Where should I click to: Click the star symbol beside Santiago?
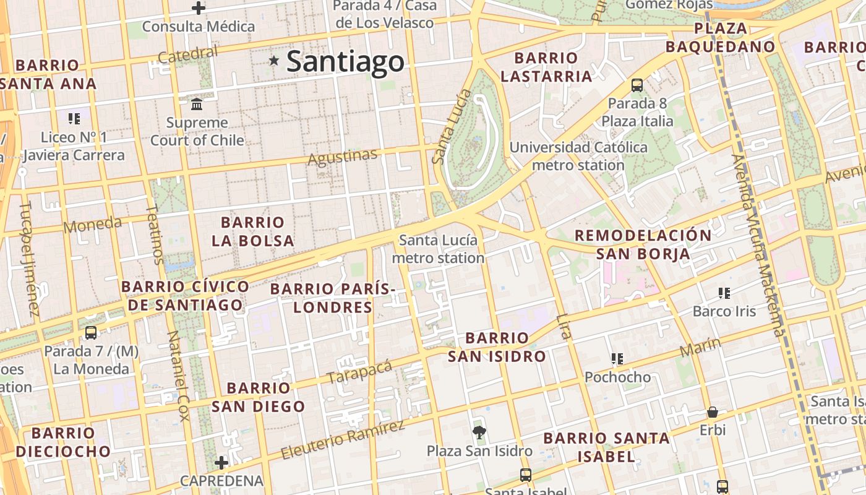coord(274,61)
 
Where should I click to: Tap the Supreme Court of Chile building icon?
coord(197,103)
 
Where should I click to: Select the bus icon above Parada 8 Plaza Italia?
coord(637,85)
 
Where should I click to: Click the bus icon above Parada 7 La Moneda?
coord(91,332)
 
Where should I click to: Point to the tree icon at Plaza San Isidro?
coord(478,431)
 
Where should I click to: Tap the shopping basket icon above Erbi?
coord(713,411)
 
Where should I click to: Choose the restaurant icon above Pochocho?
coord(617,358)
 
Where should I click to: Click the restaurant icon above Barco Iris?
coord(724,293)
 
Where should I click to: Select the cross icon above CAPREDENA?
coord(221,462)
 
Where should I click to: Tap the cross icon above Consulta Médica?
coord(199,8)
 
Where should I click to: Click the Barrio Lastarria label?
coord(546,67)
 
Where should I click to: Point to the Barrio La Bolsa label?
coord(252,231)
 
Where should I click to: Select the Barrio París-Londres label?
coord(333,298)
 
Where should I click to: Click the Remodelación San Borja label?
coord(643,244)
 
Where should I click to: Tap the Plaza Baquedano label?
coord(721,37)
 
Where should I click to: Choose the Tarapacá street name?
coord(359,371)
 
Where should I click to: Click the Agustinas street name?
coord(342,157)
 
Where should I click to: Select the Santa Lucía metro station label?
coord(438,249)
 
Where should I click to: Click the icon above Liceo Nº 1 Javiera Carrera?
coord(74,118)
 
